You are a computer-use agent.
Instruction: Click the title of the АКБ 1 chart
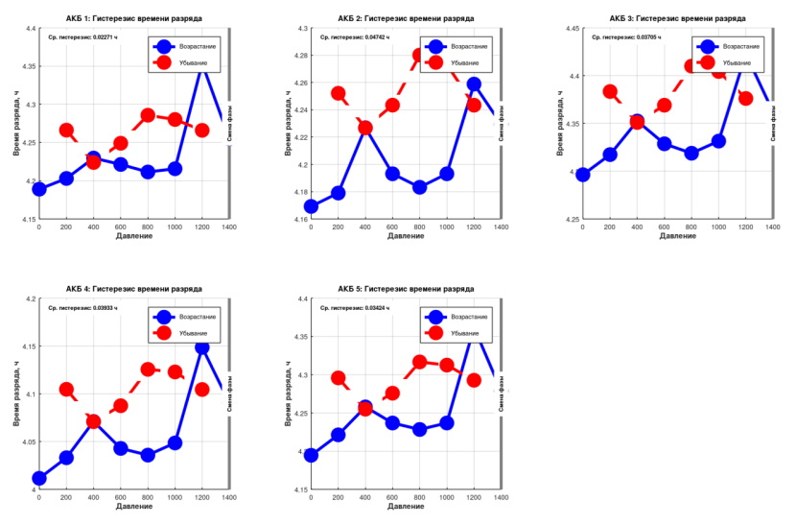[x=133, y=18]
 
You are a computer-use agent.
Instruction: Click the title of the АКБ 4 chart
[x=133, y=289]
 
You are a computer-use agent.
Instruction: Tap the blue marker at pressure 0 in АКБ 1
[x=39, y=189]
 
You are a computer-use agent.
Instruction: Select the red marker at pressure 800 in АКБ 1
[x=148, y=115]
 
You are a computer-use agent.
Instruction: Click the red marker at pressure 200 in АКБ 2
[x=339, y=94]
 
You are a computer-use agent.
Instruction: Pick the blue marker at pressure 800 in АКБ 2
[x=419, y=187]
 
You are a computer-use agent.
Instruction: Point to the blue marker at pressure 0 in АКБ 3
[x=582, y=175]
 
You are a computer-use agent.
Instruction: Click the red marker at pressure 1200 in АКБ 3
[x=745, y=98]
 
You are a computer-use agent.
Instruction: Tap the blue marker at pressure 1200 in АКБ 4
[x=202, y=347]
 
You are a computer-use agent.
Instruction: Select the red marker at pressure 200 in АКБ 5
[x=339, y=377]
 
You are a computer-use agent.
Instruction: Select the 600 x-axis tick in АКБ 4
[x=121, y=497]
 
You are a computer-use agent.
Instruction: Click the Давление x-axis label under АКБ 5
[x=406, y=506]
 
